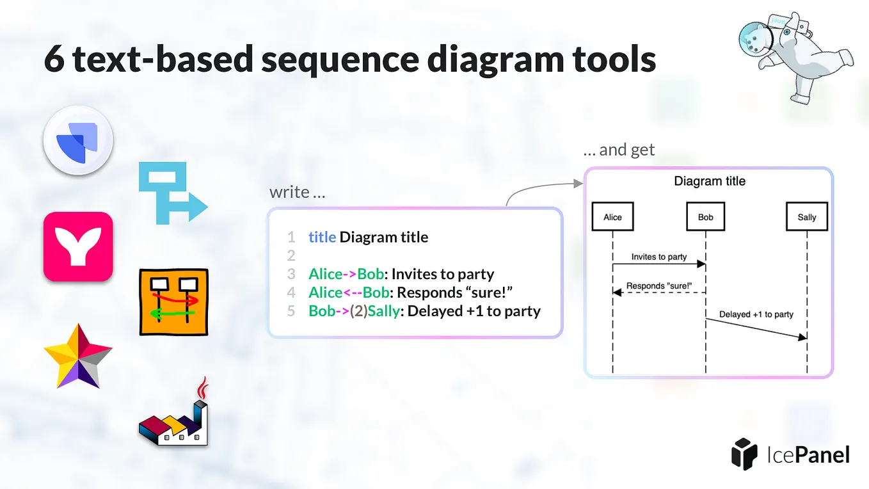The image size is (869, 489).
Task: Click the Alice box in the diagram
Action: (x=612, y=217)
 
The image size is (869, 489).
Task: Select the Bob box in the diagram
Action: (x=705, y=217)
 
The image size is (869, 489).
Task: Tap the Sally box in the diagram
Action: (x=806, y=217)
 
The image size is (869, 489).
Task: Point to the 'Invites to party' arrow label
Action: (x=658, y=257)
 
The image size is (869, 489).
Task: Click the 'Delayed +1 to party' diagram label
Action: (x=756, y=314)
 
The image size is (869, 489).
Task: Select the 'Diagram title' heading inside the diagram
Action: (x=710, y=181)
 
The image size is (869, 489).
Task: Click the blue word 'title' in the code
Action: (x=322, y=237)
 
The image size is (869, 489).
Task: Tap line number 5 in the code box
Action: (x=291, y=311)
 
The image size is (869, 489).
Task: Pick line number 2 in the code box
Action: (x=291, y=255)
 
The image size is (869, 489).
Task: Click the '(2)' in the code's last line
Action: (x=358, y=311)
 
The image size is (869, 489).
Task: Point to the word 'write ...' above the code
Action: (x=297, y=192)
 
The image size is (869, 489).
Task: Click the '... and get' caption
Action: (x=619, y=150)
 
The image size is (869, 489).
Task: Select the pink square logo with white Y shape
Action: (x=78, y=246)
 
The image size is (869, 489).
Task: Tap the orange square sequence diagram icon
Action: (x=173, y=302)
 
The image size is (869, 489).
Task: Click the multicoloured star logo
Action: (x=78, y=357)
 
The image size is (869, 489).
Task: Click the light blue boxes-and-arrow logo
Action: (x=171, y=193)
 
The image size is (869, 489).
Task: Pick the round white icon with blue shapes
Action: (x=78, y=140)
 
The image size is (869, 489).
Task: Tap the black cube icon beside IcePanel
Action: (x=744, y=454)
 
